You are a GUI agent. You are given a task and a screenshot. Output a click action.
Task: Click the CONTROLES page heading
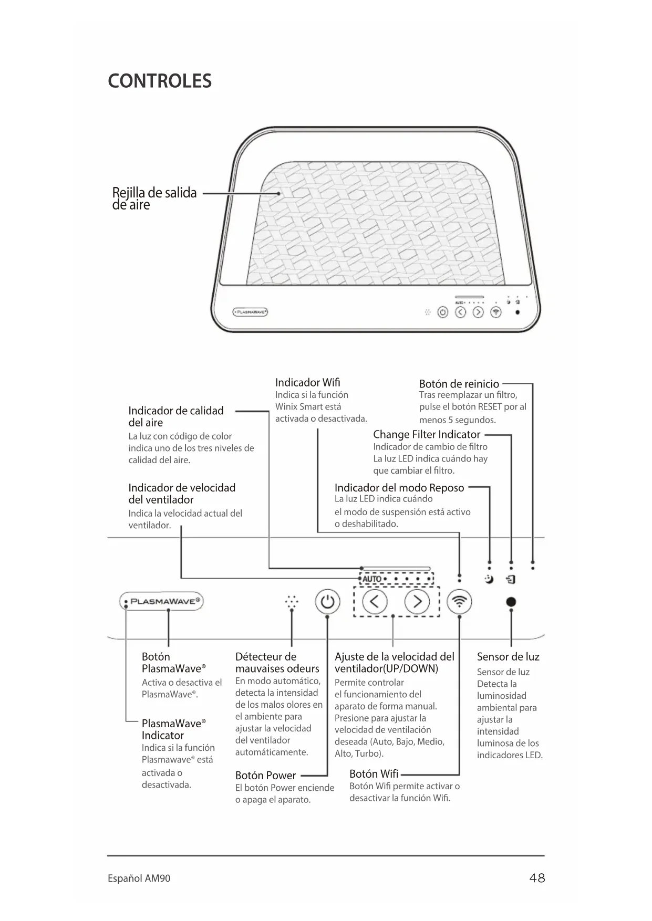(160, 81)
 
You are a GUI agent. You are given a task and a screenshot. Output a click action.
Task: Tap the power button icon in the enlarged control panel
(327, 602)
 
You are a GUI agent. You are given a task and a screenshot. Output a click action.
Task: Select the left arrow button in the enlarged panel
(375, 602)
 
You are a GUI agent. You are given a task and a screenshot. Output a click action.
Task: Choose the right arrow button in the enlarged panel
(417, 602)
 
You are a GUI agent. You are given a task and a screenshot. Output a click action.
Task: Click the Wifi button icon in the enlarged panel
(459, 602)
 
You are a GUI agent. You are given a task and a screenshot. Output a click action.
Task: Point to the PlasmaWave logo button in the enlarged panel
(162, 602)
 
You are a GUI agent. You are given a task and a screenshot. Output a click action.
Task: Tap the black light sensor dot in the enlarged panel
(511, 602)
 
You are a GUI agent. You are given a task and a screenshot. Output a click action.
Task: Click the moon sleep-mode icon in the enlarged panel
(489, 580)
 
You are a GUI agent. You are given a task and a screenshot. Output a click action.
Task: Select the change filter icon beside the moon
(511, 580)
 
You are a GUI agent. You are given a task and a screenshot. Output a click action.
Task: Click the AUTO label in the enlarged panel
(372, 579)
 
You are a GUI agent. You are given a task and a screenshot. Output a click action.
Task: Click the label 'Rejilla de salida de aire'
(154, 198)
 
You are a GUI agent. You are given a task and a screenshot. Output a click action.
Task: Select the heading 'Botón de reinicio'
(459, 384)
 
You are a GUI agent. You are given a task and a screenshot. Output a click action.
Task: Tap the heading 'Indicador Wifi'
(307, 382)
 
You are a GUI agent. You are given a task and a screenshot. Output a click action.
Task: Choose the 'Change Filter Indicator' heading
(427, 434)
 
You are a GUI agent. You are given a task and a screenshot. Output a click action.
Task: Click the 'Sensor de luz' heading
(508, 657)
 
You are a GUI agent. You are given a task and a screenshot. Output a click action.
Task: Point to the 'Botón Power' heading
(265, 776)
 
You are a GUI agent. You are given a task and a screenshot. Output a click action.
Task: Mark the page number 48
(537, 878)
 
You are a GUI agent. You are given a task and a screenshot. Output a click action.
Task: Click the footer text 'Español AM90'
(139, 878)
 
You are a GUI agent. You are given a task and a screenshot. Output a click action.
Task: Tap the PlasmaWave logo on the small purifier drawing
(251, 312)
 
